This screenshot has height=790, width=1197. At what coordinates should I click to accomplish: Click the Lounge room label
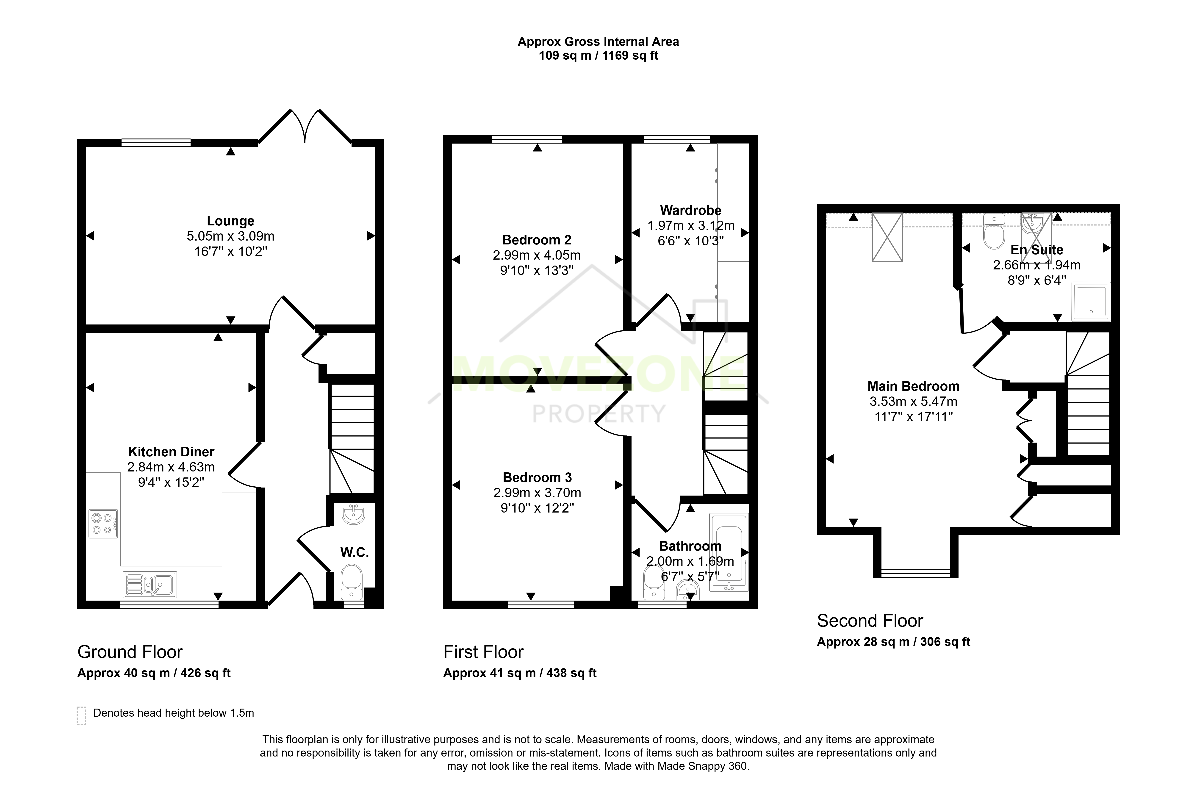coord(230,221)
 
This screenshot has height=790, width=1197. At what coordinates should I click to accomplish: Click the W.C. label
coord(355,553)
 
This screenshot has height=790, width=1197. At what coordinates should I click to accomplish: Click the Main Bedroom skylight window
coord(887,237)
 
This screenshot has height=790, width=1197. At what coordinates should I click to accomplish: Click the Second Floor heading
coord(870,621)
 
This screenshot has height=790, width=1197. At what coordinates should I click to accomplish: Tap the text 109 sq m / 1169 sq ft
coord(598,55)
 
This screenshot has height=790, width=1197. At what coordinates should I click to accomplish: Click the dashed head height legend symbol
coord(81,715)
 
